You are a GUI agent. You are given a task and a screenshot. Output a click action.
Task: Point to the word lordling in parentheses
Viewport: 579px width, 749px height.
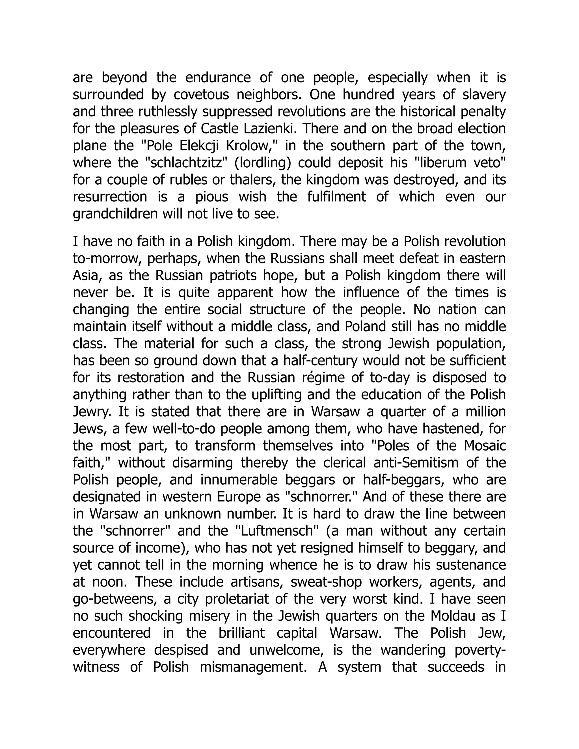[263, 163]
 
